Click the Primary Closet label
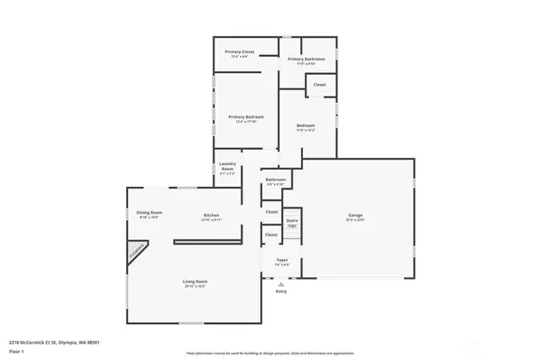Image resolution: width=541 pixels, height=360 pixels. [x=240, y=53]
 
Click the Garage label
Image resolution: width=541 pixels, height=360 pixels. [x=355, y=216]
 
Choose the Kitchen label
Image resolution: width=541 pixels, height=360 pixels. [x=211, y=216]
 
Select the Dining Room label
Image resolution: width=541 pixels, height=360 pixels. [x=149, y=213]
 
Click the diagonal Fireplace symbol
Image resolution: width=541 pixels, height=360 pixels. [x=137, y=252]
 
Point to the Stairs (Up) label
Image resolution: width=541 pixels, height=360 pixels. [x=292, y=221]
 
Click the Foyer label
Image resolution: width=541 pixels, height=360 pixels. [x=281, y=261]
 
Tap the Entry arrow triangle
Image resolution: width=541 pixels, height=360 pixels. [x=281, y=283]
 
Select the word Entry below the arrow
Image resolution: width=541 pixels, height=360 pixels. [x=281, y=291]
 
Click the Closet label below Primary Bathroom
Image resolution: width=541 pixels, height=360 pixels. [x=319, y=85]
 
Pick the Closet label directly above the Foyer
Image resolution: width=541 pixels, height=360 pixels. [x=271, y=235]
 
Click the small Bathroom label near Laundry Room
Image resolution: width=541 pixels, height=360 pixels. [x=275, y=180]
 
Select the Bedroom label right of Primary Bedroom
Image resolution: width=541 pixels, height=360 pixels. [x=306, y=125]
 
